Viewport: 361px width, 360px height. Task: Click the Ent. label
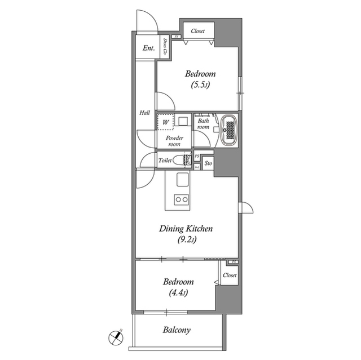(148, 48)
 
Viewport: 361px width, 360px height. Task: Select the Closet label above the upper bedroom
(197, 32)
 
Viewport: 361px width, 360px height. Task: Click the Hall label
(144, 113)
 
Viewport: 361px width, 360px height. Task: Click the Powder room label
(173, 141)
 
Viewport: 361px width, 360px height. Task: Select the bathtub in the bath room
(228, 130)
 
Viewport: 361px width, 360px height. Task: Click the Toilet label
(165, 161)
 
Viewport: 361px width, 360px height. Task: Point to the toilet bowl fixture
(182, 161)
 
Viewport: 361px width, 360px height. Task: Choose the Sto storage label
(208, 163)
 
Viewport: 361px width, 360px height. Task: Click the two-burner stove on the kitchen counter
(181, 198)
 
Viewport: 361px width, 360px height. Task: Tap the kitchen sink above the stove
(182, 180)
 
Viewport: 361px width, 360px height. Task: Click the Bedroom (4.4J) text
(178, 287)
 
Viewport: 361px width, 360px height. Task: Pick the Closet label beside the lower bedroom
(229, 275)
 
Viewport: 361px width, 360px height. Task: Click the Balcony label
(177, 331)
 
